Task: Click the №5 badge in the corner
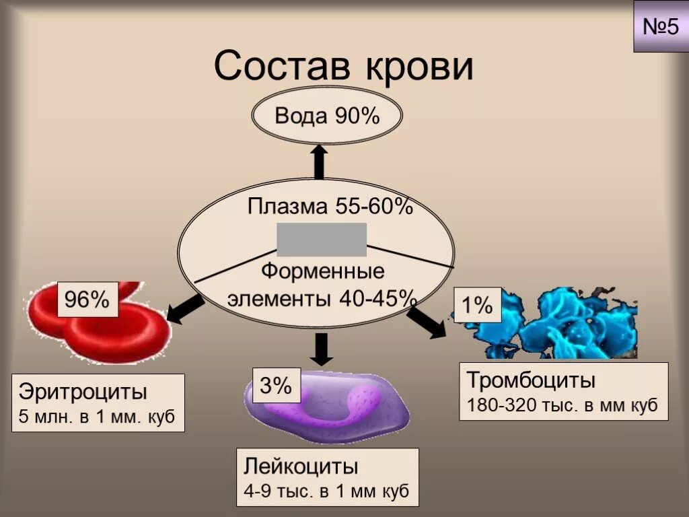pos(660,27)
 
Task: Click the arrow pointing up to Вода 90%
pos(320,162)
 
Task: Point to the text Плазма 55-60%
pos(330,206)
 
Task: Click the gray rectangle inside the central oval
pos(322,240)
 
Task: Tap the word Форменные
pos(323,272)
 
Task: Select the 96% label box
pos(87,300)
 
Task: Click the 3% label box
pos(275,386)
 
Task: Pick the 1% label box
pos(477,306)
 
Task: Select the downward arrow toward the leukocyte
pos(322,348)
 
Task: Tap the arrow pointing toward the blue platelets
pos(427,321)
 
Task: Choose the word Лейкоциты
pos(301,467)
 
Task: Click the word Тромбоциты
pos(532,380)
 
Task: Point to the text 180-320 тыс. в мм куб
pos(563,406)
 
